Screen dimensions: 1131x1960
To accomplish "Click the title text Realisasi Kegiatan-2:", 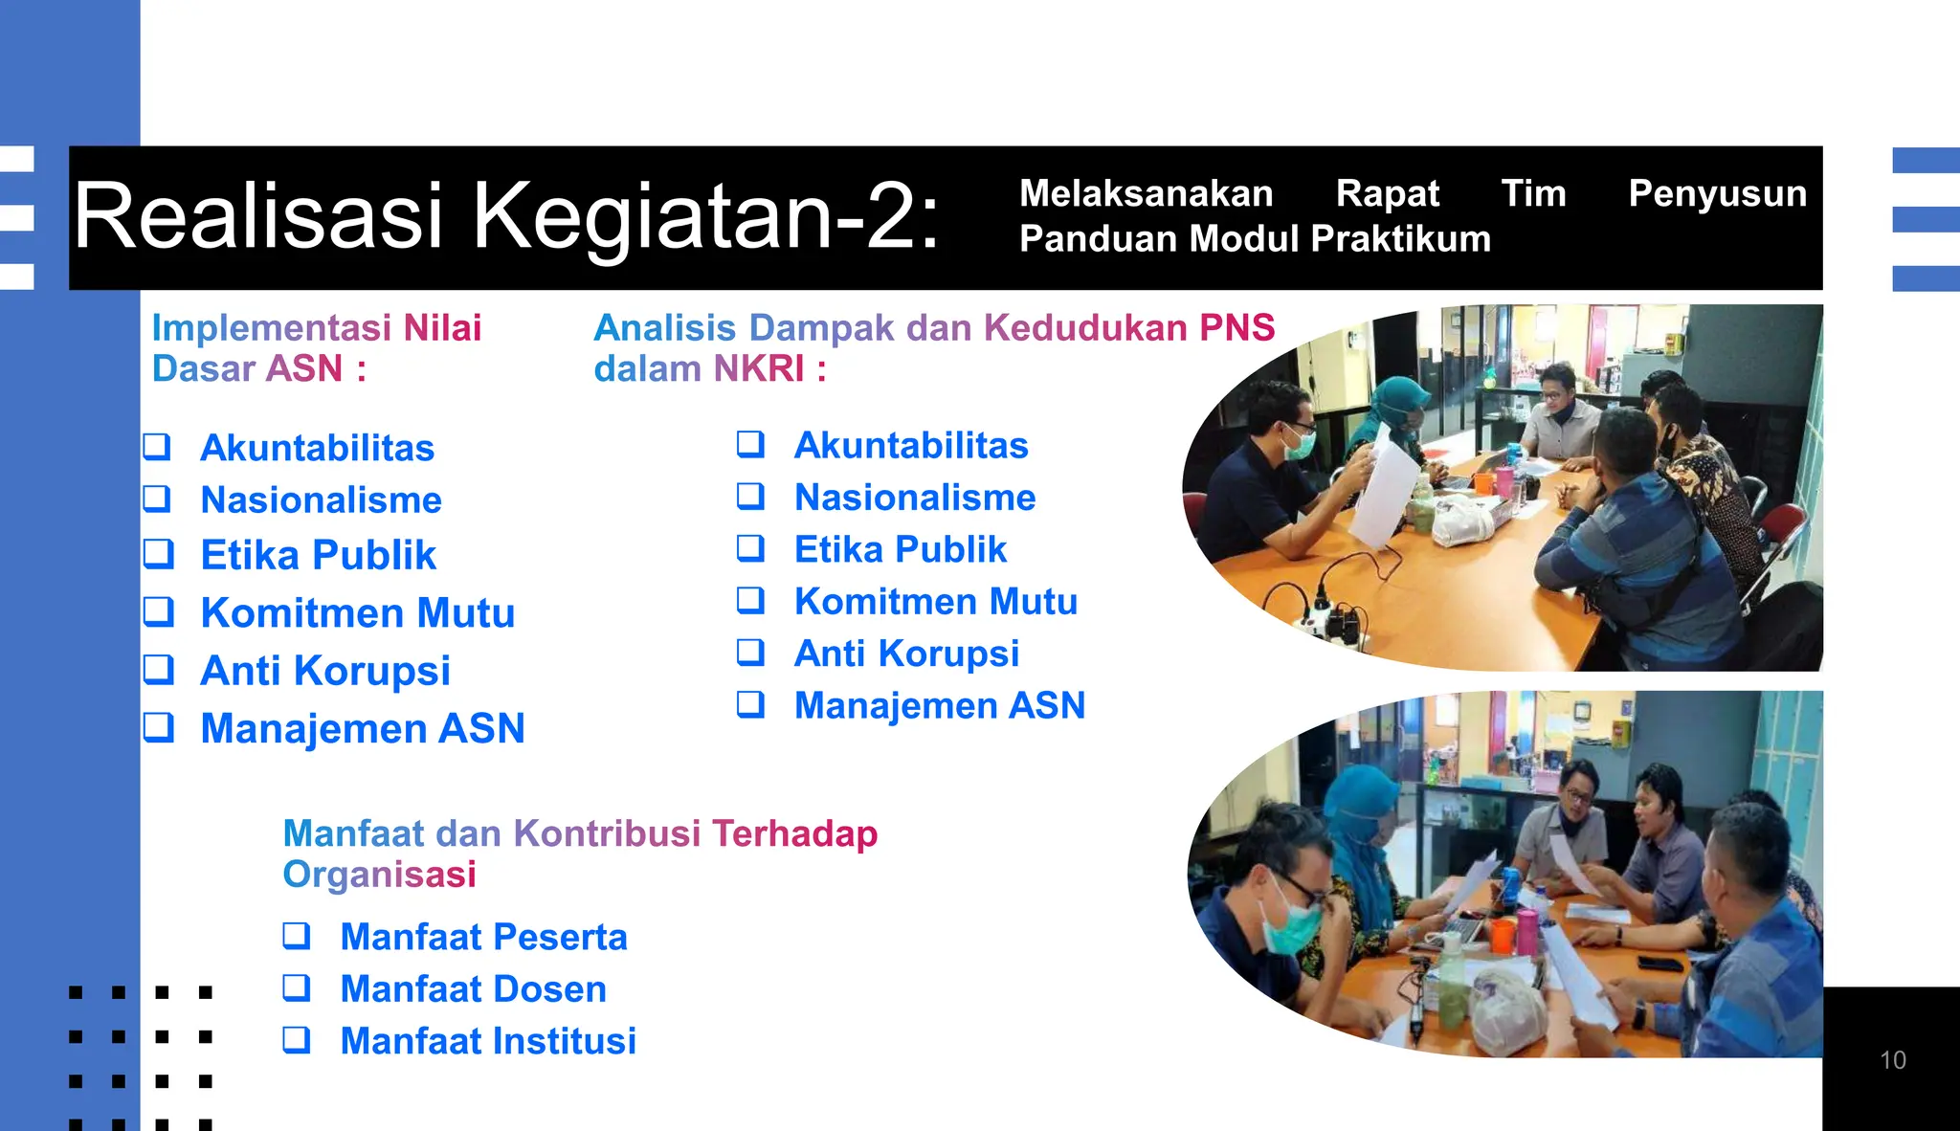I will (507, 216).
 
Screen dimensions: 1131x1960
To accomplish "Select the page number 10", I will (1892, 1060).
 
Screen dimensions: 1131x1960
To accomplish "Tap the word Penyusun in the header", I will (1717, 194).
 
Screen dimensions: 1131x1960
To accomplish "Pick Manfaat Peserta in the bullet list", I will (483, 937).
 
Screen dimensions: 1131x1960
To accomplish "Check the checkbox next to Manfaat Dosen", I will (297, 987).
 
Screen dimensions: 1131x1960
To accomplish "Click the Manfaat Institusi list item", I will (488, 1041).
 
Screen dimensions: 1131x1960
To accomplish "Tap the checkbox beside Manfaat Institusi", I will (297, 1039).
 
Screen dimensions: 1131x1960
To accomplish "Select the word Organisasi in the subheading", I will (379, 875).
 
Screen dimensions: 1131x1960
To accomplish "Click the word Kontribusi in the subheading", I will (607, 833).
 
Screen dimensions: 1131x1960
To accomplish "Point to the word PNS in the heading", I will (1236, 328).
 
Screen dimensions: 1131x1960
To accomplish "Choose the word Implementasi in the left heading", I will (271, 328).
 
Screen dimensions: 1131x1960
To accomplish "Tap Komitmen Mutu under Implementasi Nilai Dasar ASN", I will (357, 613).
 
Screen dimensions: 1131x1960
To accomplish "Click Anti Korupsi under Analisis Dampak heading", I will (906, 654).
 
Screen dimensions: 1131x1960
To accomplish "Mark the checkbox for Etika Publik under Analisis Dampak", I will (750, 548).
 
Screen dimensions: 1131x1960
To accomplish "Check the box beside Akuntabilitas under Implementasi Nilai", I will (157, 447).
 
